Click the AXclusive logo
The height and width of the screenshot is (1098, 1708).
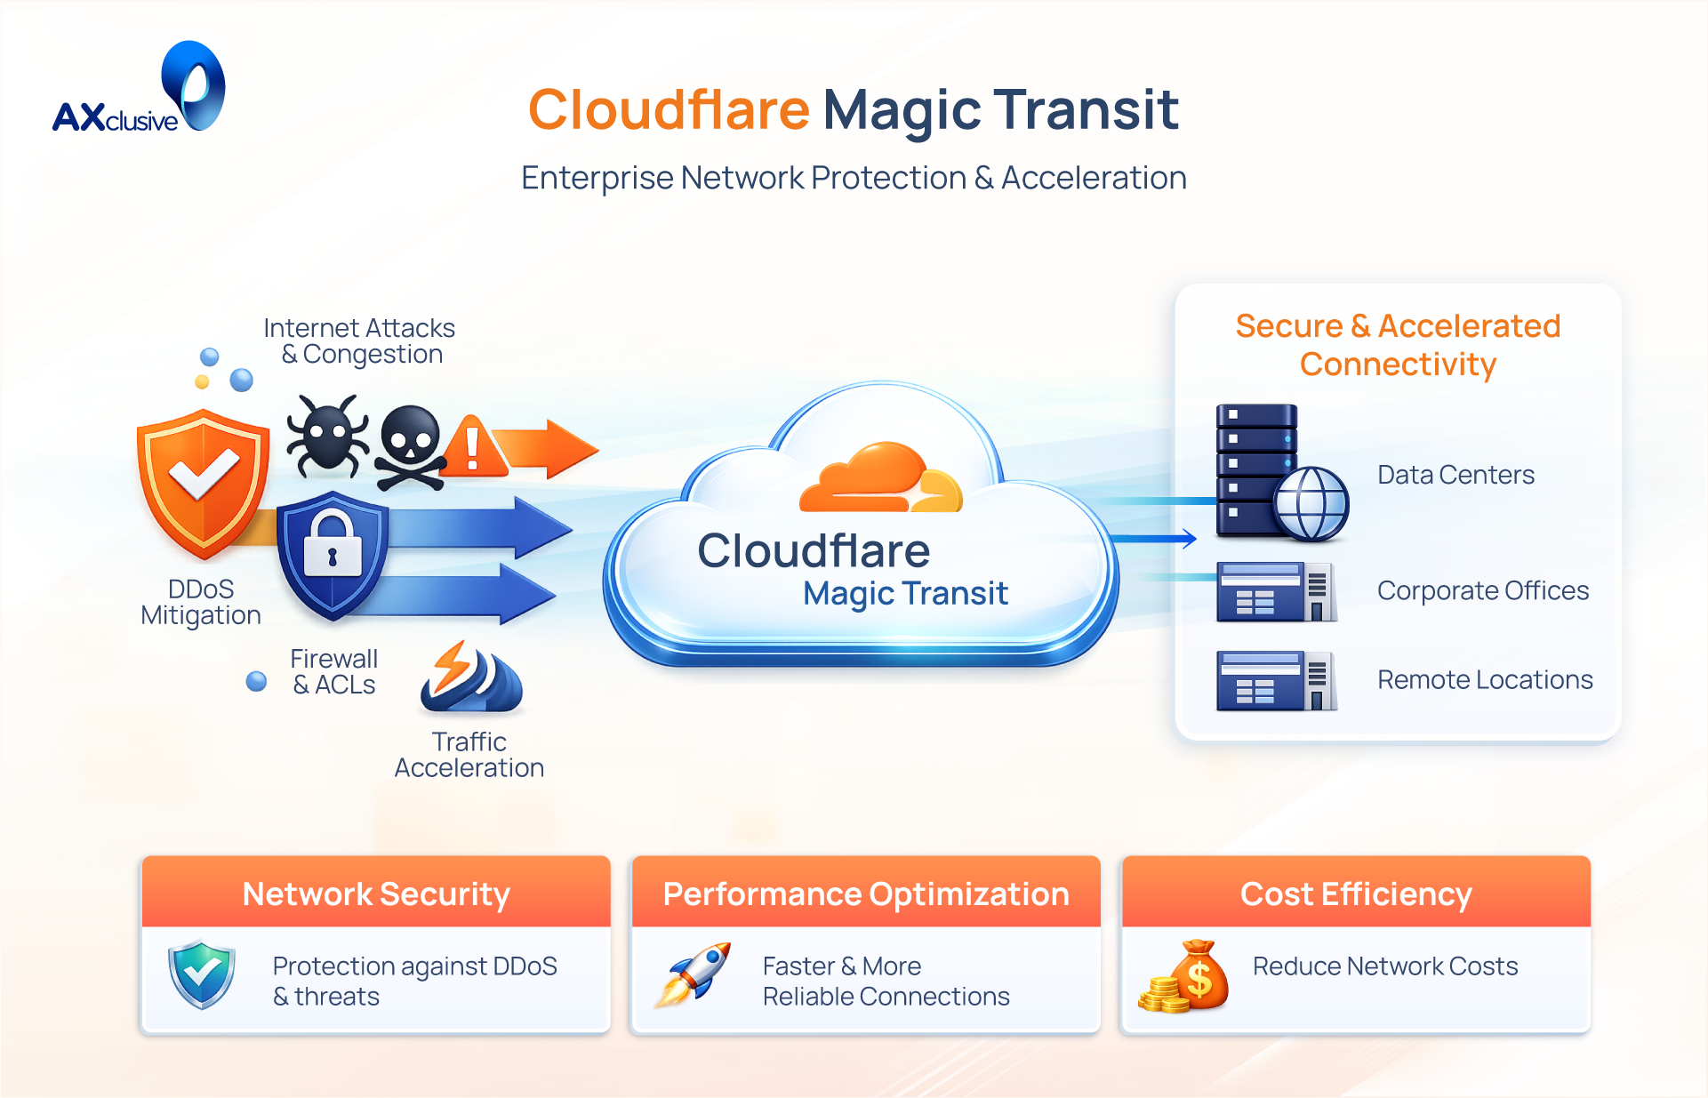coord(140,90)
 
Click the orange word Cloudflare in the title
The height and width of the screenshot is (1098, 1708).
coord(669,110)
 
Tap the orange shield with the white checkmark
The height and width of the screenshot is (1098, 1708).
coord(204,481)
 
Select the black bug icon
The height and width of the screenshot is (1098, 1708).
coord(327,435)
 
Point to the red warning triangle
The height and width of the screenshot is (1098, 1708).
coord(474,447)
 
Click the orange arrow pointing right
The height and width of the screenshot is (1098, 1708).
coord(547,448)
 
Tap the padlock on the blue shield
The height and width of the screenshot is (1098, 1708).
coord(333,546)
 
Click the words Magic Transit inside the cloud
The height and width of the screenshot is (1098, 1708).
coord(905,593)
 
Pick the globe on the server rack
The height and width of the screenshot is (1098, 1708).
coord(1311,503)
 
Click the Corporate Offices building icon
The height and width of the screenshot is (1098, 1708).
coord(1276,591)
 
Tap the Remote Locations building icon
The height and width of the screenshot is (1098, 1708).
coord(1276,680)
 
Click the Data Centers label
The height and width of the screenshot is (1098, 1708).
coord(1455,475)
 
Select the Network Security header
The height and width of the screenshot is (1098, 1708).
coord(376,894)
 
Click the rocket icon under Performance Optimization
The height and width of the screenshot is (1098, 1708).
coord(694,974)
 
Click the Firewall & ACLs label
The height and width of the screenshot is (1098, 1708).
coord(334,672)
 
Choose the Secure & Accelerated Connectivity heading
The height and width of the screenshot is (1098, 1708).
coord(1398,345)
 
